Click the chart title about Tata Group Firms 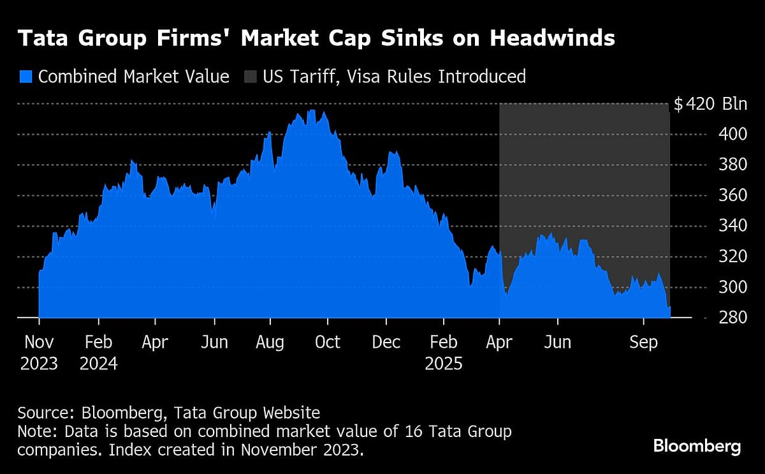point(316,39)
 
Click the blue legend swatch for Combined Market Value point(25,77)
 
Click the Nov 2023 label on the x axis point(38,353)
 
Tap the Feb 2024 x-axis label point(98,353)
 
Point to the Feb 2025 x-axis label point(444,353)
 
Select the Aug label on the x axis point(270,343)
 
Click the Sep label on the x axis point(643,343)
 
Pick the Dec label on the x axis point(386,343)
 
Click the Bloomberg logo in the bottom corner point(697,446)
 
